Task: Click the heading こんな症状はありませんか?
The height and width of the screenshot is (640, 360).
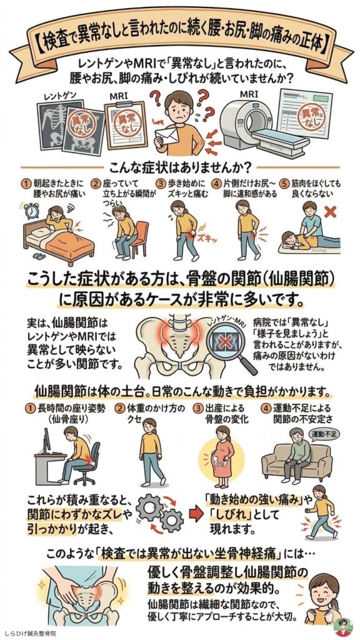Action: [180, 167]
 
